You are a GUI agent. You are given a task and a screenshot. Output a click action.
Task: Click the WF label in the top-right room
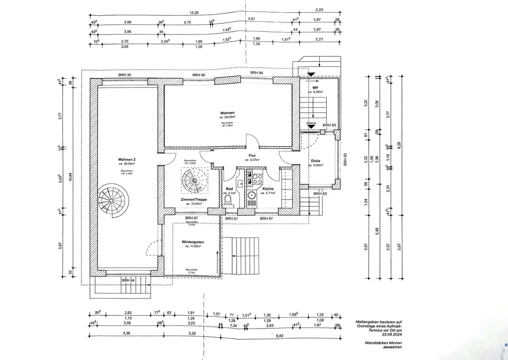(x=315, y=87)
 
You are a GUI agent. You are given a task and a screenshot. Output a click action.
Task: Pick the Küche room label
(x=268, y=189)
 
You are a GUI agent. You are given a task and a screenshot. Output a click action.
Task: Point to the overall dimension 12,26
(x=194, y=13)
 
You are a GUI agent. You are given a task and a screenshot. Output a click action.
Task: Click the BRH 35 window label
(x=125, y=75)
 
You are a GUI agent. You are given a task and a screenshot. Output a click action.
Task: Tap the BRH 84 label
(x=128, y=280)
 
